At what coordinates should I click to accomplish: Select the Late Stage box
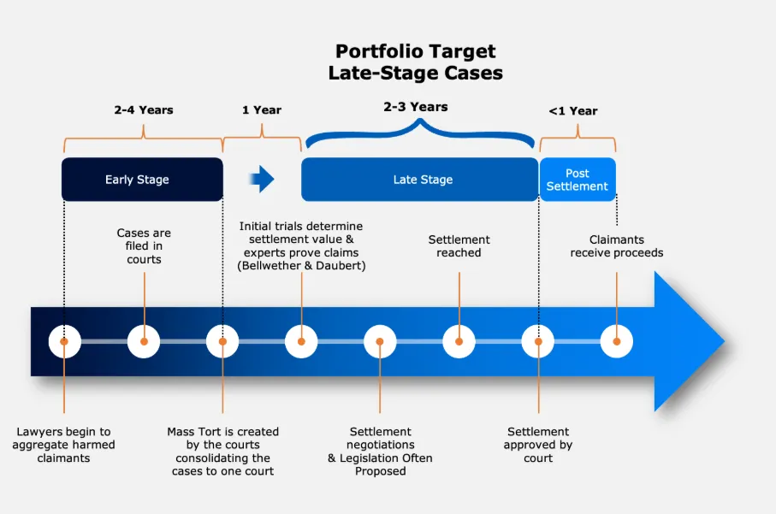click(x=419, y=180)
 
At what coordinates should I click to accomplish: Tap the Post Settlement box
click(x=578, y=180)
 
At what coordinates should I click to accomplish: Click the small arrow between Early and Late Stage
click(x=262, y=179)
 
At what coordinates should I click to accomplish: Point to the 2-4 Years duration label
click(x=144, y=109)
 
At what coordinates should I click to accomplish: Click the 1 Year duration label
click(x=262, y=109)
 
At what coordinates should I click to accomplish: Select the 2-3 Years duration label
click(x=416, y=107)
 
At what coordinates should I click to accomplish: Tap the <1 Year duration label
click(x=573, y=110)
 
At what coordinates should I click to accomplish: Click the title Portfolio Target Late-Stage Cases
click(x=416, y=62)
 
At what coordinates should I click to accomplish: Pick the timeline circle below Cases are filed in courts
click(x=144, y=341)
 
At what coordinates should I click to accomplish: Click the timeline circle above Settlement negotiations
click(x=380, y=341)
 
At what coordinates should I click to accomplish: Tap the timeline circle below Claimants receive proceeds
click(x=616, y=341)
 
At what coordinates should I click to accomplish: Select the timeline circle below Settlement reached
click(x=459, y=341)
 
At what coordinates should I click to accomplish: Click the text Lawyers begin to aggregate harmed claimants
click(x=63, y=445)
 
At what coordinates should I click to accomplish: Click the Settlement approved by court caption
click(x=538, y=445)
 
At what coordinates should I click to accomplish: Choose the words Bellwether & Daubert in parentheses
click(x=300, y=266)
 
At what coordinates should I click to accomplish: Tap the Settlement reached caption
click(x=459, y=245)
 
